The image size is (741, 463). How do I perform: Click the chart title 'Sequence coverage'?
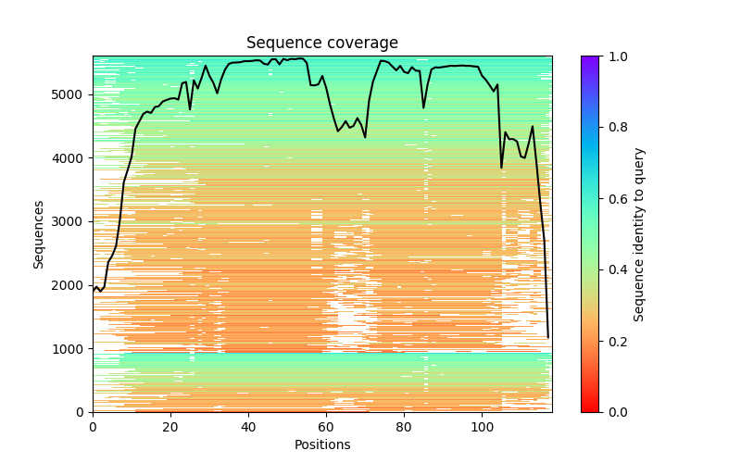point(322,43)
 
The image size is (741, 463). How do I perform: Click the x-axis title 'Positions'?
point(322,444)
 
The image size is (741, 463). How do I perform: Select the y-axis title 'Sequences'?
point(39,233)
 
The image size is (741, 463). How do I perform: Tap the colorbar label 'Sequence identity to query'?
point(639,233)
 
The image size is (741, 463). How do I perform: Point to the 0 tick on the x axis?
point(93,426)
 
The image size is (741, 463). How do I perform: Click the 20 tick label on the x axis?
point(170,426)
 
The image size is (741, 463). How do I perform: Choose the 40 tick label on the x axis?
point(248,426)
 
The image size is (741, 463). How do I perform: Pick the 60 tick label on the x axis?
point(326,426)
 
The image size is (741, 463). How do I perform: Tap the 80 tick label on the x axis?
point(404,426)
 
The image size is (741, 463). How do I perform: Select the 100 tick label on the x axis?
point(482,426)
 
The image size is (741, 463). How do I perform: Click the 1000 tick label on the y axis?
point(70,348)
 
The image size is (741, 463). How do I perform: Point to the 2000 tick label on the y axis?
point(70,285)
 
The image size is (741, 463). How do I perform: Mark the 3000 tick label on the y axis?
point(70,221)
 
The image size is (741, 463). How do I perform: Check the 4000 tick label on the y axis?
point(70,158)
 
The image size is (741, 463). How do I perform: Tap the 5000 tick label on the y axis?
point(70,94)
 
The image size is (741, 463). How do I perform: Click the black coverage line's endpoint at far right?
point(548,337)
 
